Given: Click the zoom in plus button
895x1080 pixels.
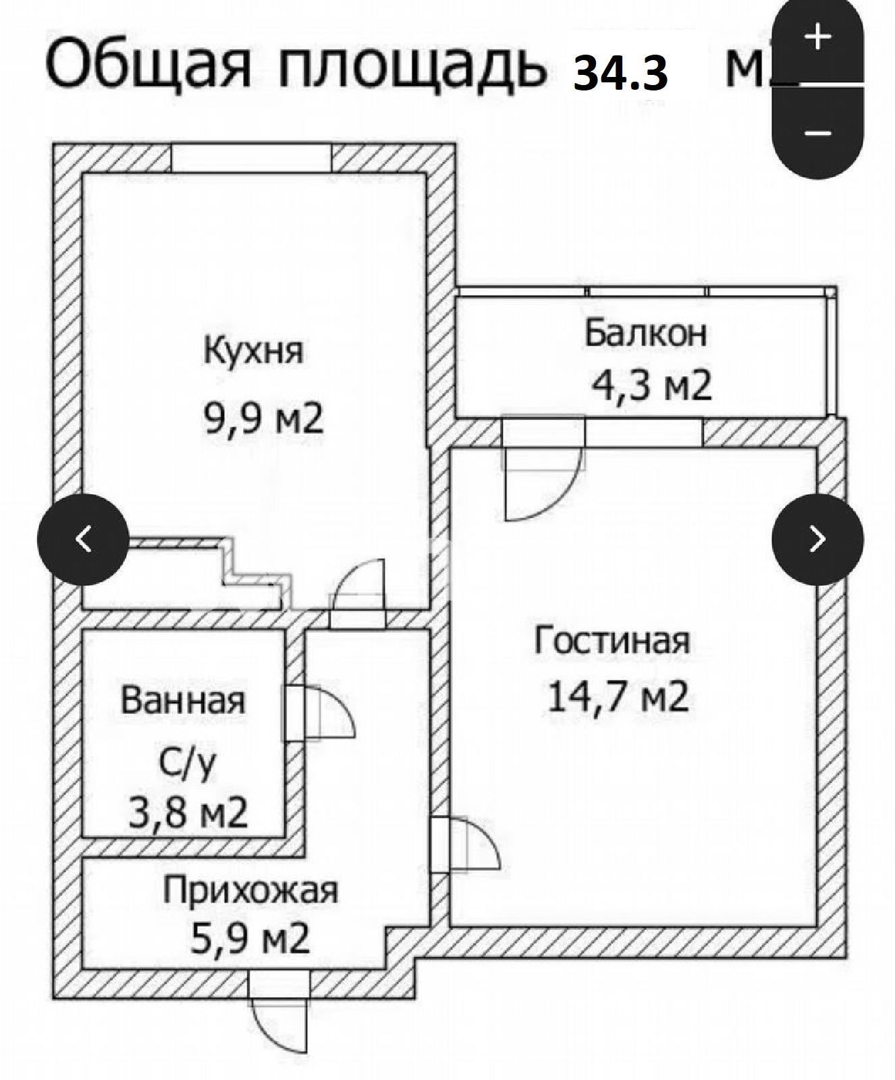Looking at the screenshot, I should tap(817, 37).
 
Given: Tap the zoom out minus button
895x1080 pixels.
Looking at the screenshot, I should tap(817, 133).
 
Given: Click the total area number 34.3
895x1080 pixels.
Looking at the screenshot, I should tap(620, 73).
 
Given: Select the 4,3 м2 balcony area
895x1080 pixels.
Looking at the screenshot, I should tap(651, 386).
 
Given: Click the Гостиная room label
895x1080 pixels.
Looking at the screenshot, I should tap(612, 640).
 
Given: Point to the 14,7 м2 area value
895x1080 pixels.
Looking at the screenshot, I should tap(618, 697).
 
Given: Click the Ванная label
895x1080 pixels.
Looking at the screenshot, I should tap(182, 701).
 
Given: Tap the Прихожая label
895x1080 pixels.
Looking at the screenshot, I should tap(250, 890).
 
